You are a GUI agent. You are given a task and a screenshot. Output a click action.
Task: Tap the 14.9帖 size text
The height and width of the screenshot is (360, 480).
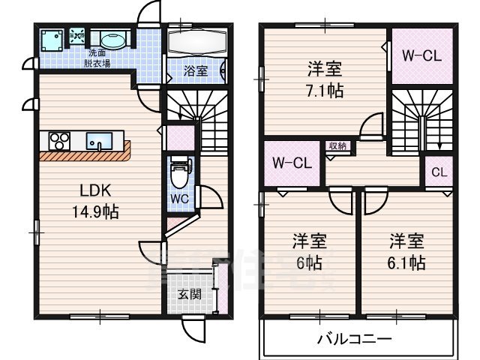click(x=94, y=211)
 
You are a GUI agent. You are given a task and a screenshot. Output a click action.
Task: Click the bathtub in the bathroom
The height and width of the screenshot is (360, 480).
click(x=194, y=40)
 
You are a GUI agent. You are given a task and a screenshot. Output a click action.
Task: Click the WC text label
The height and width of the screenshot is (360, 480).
click(x=178, y=199)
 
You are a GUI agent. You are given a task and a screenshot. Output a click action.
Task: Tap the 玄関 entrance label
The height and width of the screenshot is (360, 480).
click(x=188, y=294)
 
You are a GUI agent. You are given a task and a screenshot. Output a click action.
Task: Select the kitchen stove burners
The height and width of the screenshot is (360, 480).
click(x=59, y=140)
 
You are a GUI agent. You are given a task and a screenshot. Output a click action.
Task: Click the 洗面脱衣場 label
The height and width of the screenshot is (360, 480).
click(x=97, y=58)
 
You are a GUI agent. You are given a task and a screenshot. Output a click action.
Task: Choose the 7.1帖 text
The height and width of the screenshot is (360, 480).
click(x=325, y=91)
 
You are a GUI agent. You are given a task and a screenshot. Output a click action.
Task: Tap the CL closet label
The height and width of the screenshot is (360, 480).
click(x=439, y=172)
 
